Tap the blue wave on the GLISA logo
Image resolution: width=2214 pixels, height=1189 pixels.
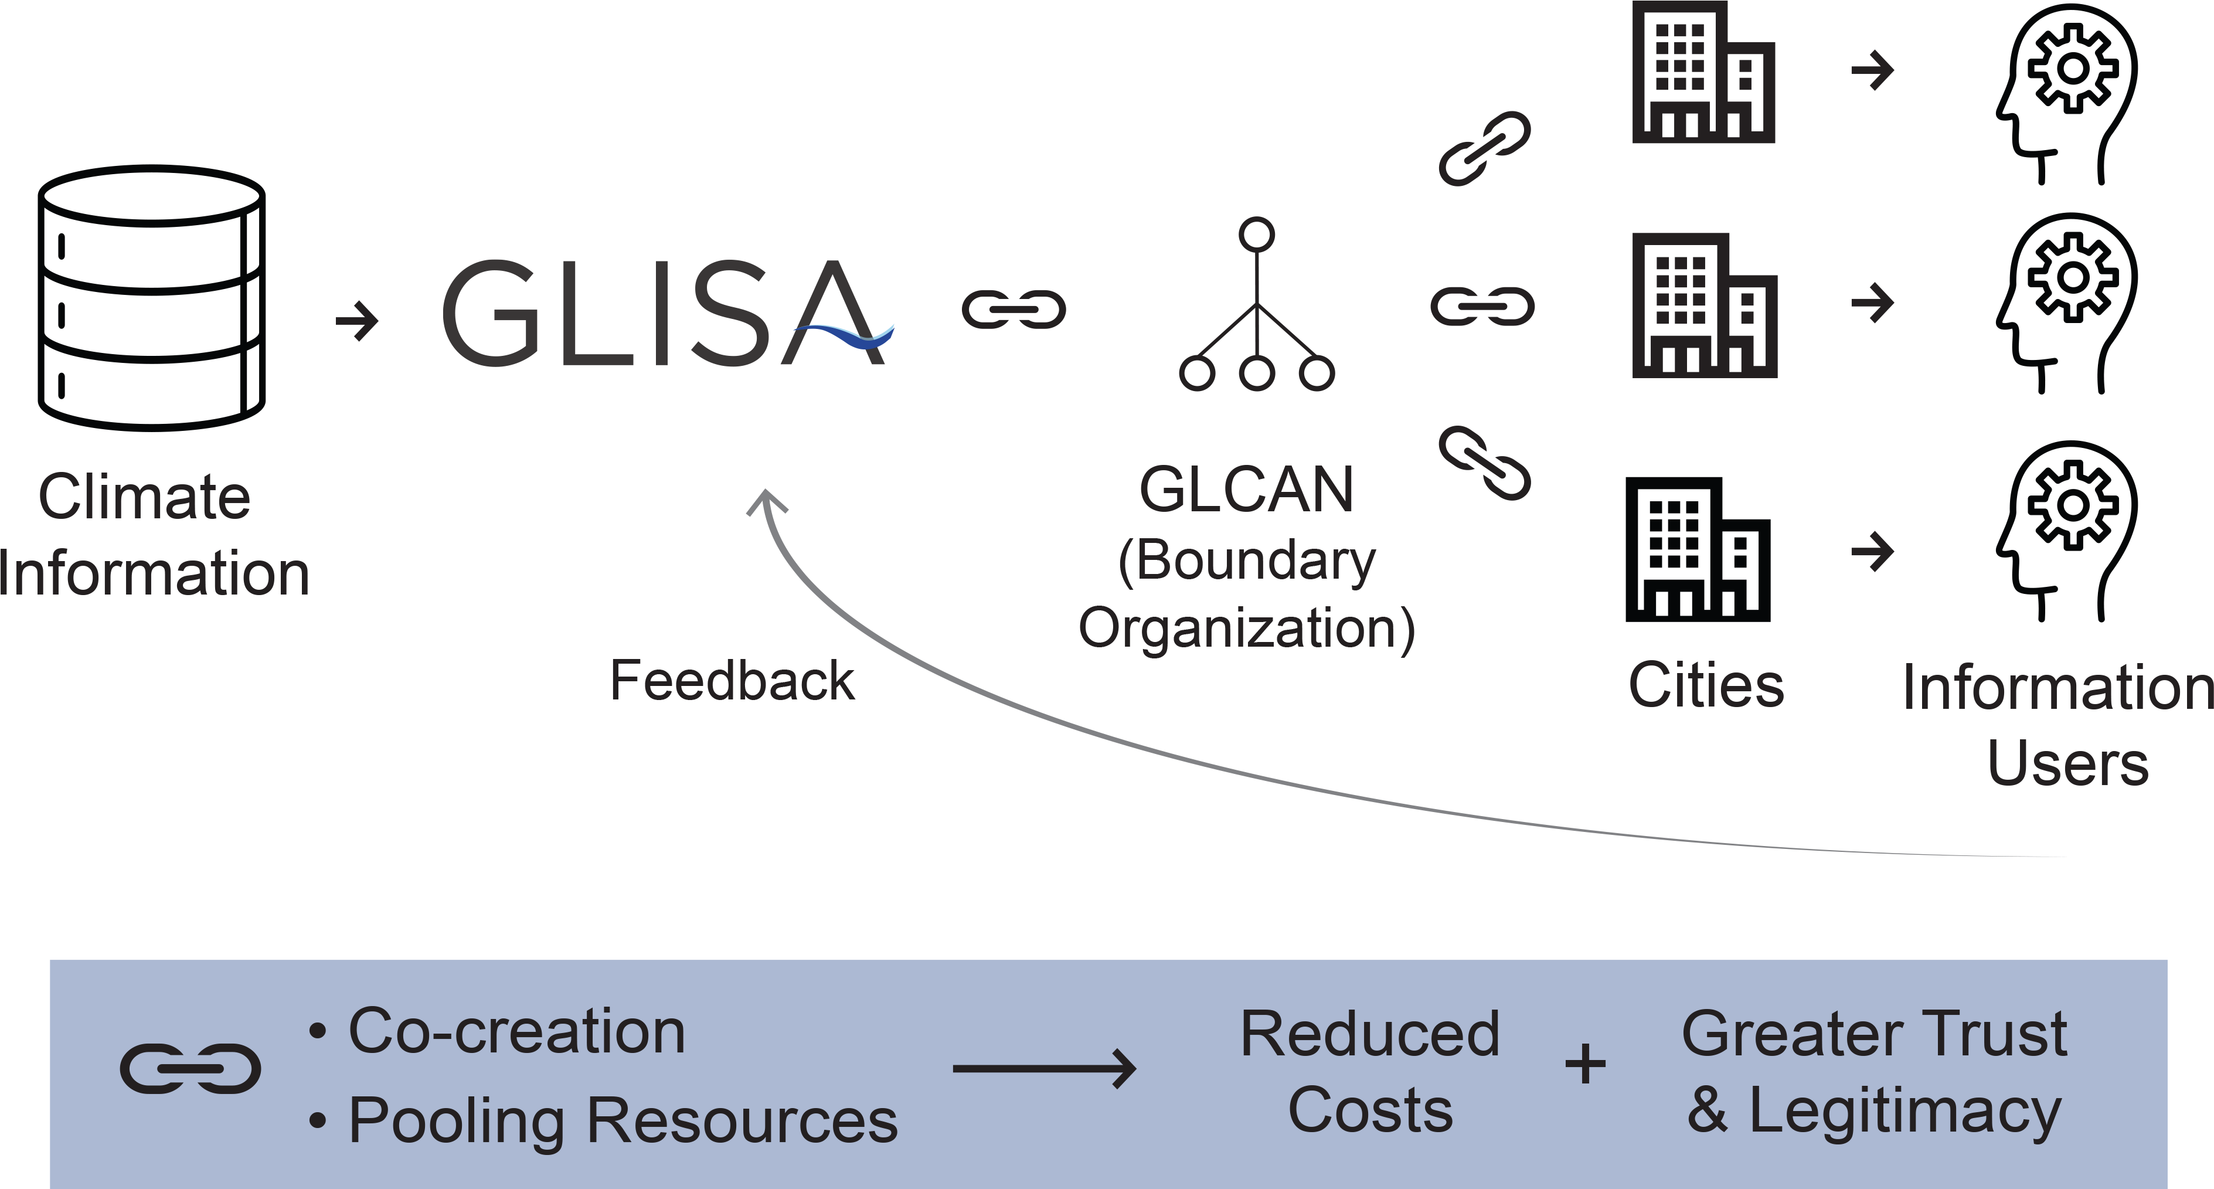click(846, 335)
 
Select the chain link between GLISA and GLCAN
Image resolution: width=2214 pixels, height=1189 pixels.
click(1014, 310)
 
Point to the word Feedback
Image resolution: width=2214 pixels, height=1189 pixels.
click(732, 681)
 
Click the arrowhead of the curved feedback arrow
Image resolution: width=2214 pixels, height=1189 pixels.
click(766, 503)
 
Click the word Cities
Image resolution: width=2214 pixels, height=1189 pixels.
click(1706, 685)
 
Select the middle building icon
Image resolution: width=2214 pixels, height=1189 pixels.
click(1703, 305)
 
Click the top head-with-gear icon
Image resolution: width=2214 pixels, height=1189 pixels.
click(2067, 93)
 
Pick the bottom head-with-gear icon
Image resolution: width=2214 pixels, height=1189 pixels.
click(2067, 531)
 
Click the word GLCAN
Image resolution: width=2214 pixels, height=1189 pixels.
click(1246, 490)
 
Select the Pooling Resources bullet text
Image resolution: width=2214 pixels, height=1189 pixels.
click(623, 1120)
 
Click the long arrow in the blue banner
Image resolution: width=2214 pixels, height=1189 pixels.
click(1044, 1069)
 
